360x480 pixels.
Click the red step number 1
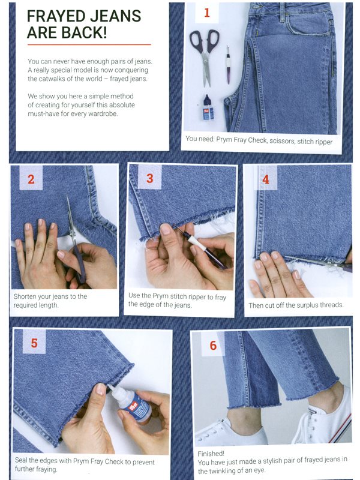click(x=207, y=13)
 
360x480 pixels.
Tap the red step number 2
click(x=31, y=179)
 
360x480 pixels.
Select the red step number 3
click(x=149, y=178)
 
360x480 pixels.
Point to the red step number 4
click(x=266, y=179)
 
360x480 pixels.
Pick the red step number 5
click(x=34, y=343)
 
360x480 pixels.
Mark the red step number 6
click(x=213, y=346)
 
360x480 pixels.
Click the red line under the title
click(x=89, y=44)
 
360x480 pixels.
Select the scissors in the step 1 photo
click(x=205, y=55)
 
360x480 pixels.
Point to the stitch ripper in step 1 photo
click(x=229, y=65)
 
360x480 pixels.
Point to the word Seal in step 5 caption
click(x=20, y=460)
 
